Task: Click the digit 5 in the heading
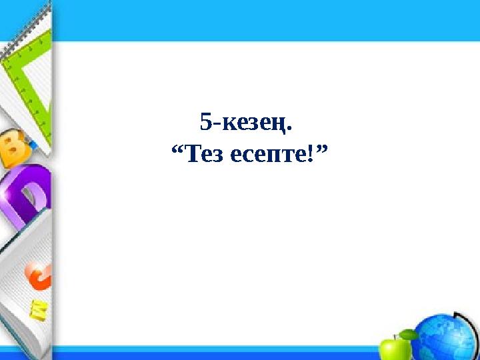pos(206,122)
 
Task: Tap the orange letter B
pos(15,149)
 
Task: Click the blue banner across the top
pos(267,20)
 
